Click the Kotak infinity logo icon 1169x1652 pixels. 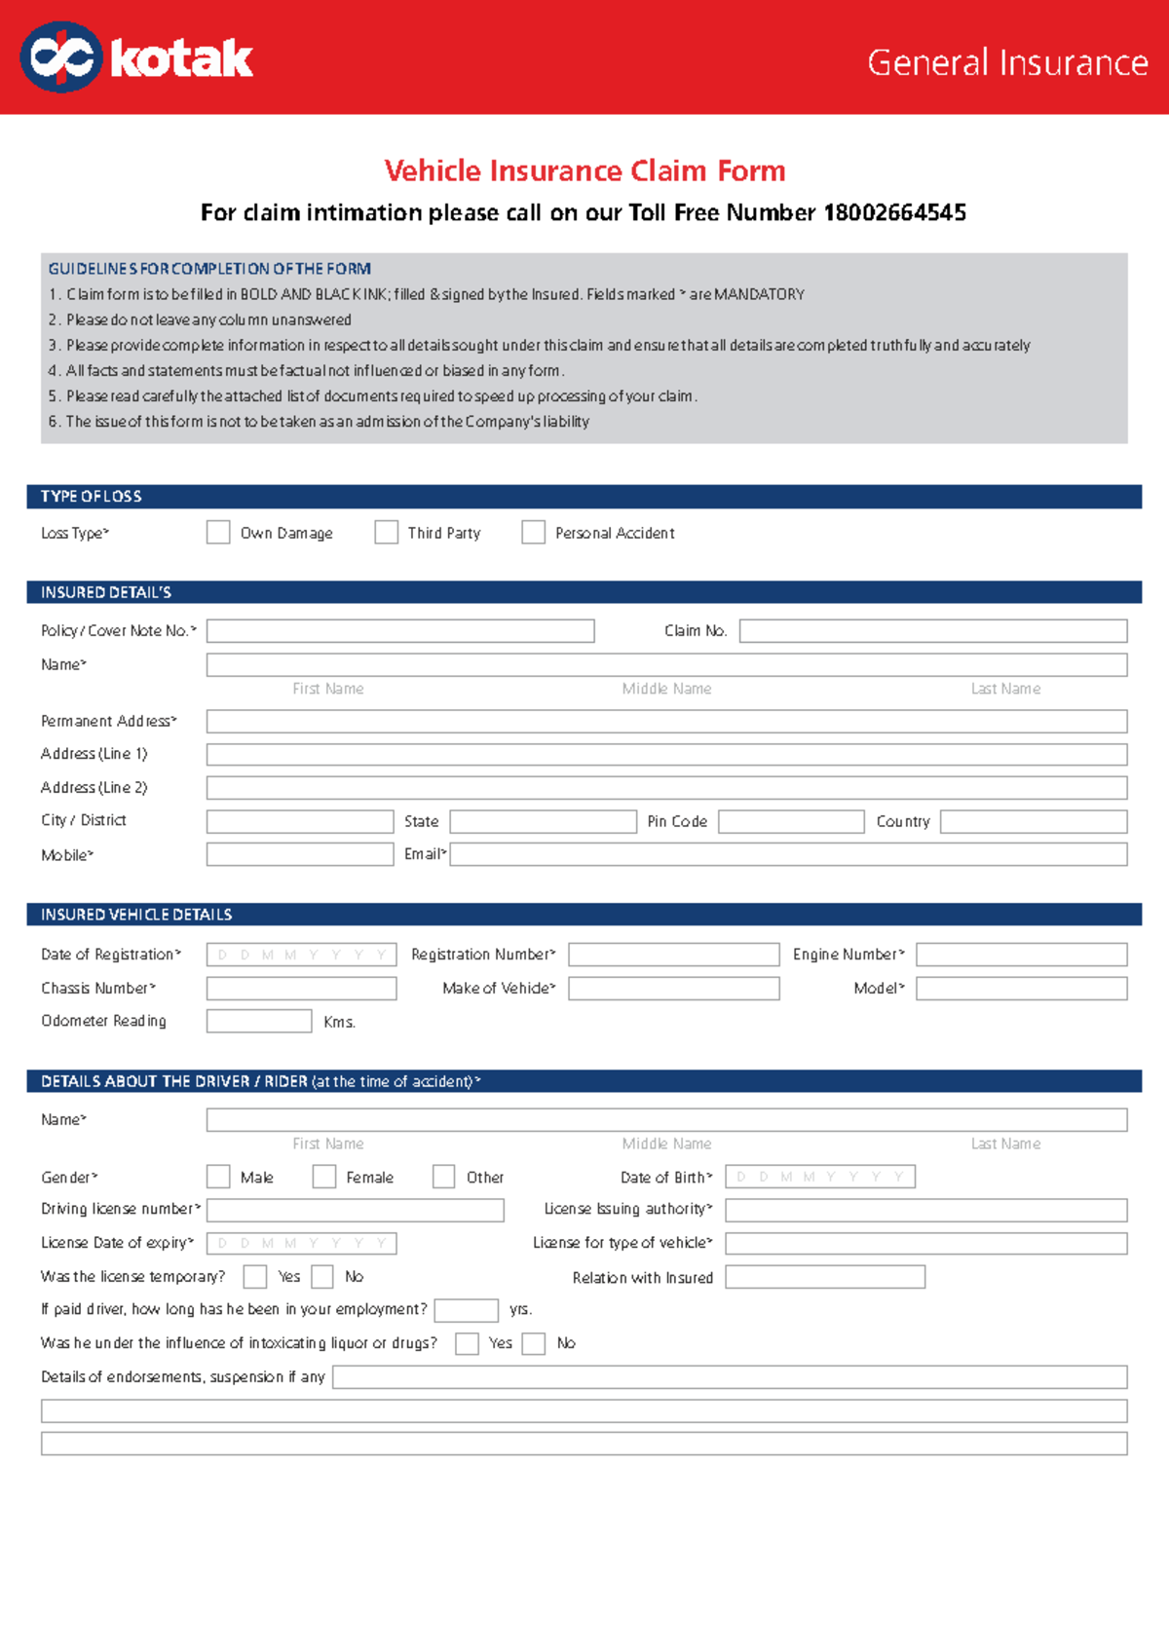point(60,58)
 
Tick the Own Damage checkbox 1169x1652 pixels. point(218,532)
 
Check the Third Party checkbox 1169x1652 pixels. point(387,532)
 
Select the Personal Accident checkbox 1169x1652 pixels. point(533,532)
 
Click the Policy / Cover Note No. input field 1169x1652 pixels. point(400,631)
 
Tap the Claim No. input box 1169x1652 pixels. point(932,631)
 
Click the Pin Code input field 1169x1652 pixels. point(791,822)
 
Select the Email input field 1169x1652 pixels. point(788,854)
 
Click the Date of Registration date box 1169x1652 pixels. point(301,955)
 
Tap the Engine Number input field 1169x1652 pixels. point(1021,955)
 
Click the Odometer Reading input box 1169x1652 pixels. point(259,1021)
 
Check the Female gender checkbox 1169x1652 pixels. point(324,1177)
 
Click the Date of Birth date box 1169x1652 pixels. point(820,1177)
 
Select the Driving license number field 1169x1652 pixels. point(356,1210)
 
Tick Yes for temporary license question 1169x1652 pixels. point(255,1276)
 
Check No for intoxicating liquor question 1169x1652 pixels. point(534,1343)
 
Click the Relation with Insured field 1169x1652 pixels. point(825,1277)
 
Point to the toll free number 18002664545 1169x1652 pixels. point(894,212)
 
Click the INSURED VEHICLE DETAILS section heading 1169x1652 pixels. point(136,915)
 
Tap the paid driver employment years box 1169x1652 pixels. point(466,1310)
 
